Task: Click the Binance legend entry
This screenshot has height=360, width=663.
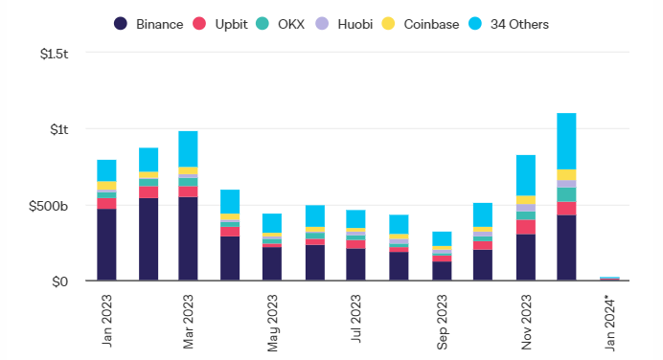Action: (149, 24)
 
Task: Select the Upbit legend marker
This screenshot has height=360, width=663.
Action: (199, 24)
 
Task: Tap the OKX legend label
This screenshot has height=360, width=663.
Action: (291, 24)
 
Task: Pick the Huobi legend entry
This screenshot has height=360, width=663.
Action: (344, 24)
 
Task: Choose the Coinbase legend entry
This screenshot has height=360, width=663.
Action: (421, 24)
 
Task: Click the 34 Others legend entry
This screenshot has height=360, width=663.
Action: (509, 24)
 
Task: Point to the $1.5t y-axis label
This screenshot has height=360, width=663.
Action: (54, 54)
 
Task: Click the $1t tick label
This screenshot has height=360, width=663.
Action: (59, 129)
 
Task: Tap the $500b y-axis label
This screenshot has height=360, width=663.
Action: (48, 206)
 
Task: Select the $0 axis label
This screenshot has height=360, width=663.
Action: (60, 281)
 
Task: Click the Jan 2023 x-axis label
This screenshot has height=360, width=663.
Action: (106, 321)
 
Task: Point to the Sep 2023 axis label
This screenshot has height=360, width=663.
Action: (442, 322)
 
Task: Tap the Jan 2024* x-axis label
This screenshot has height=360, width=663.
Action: (609, 324)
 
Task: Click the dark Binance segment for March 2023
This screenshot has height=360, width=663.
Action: (188, 238)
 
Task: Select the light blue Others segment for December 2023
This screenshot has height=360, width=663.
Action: (566, 141)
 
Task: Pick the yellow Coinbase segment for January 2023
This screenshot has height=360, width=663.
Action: (106, 186)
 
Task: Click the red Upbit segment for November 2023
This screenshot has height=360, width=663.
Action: (526, 227)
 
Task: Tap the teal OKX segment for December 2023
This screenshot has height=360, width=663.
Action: (566, 194)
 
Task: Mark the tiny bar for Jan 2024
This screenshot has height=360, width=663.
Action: (609, 279)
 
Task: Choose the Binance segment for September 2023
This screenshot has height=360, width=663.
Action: (442, 271)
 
